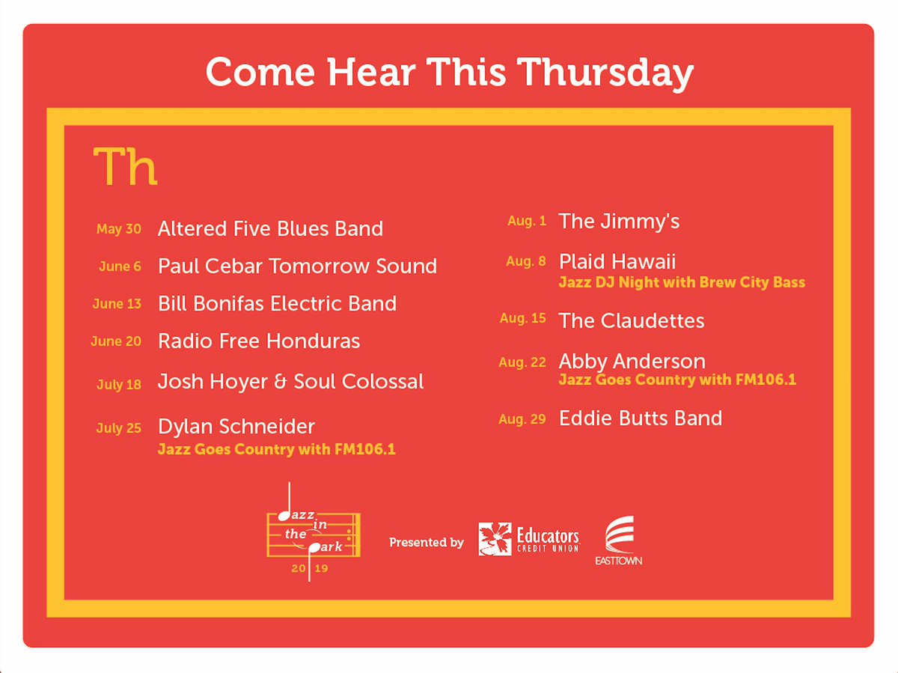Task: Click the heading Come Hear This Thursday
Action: click(x=449, y=72)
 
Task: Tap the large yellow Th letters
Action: click(x=125, y=167)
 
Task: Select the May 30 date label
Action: click(x=118, y=229)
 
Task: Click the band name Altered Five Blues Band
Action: click(x=270, y=228)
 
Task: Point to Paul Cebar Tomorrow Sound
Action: click(x=297, y=266)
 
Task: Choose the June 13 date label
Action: click(x=117, y=304)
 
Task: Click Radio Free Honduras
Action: click(x=259, y=341)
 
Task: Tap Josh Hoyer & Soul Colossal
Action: click(x=290, y=382)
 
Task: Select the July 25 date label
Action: click(x=118, y=428)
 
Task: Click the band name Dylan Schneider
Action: click(x=236, y=427)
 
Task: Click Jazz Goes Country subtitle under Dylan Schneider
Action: click(x=276, y=450)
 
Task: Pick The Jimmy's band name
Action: click(x=619, y=221)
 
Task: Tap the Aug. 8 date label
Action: click(x=525, y=261)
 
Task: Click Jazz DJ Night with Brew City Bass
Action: click(x=682, y=282)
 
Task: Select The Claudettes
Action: click(x=632, y=320)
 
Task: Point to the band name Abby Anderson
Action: click(x=632, y=361)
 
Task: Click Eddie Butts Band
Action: click(x=641, y=418)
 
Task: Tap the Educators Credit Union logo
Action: click(x=528, y=538)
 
